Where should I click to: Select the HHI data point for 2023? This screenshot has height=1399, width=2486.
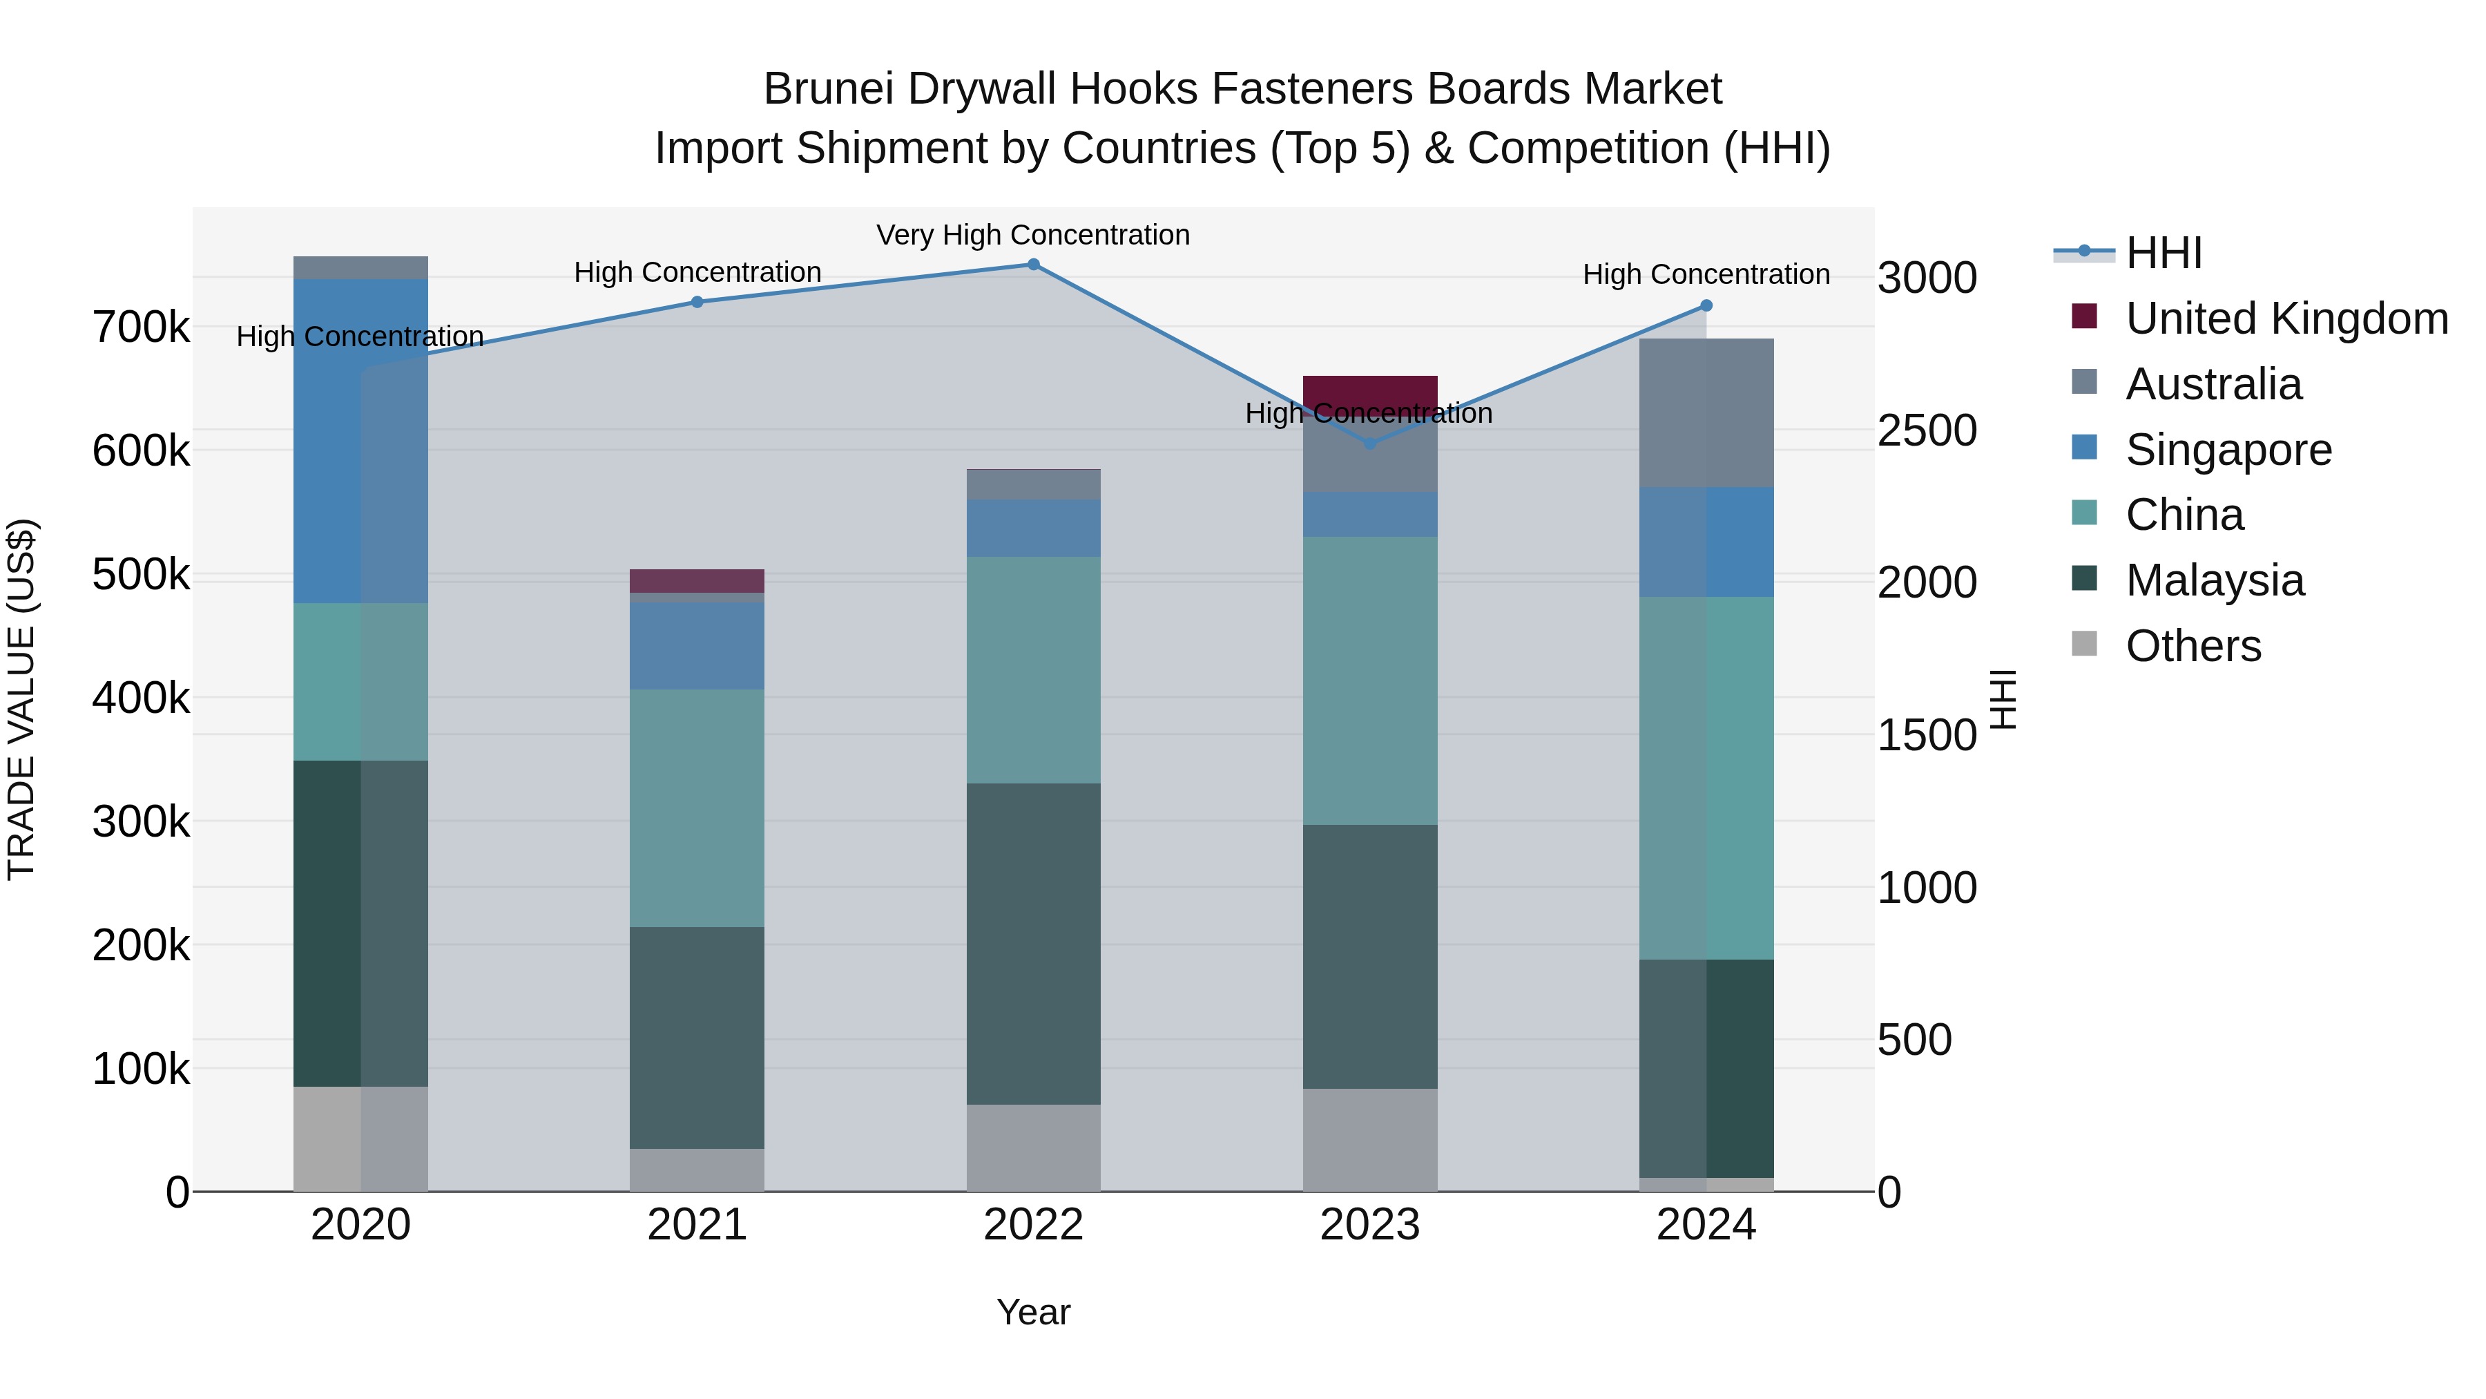tap(1369, 443)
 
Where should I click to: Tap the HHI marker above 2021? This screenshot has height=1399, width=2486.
tap(697, 302)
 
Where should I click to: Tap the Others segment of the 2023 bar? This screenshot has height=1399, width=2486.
tap(1369, 1139)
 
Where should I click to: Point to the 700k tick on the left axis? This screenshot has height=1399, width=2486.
tap(141, 327)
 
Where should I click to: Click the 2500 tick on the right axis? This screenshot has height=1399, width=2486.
tap(1926, 430)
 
